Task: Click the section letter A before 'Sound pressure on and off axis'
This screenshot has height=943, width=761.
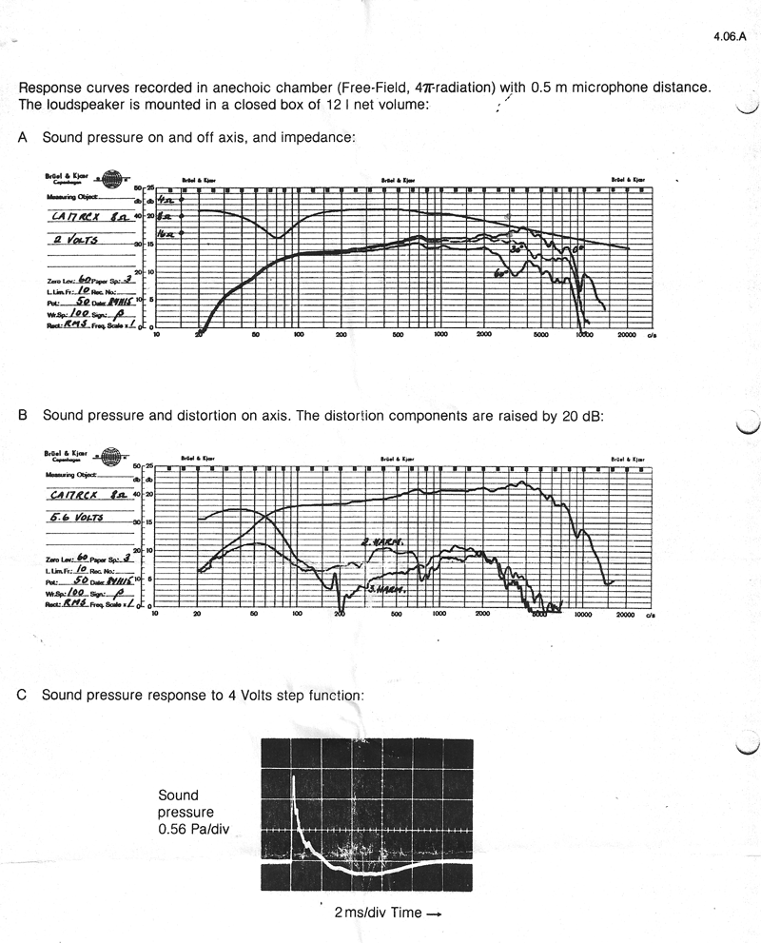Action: [x=23, y=137]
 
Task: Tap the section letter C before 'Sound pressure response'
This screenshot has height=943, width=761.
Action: [x=23, y=695]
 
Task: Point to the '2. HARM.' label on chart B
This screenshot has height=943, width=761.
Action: [x=383, y=542]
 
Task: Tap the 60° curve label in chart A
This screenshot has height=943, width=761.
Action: [x=498, y=272]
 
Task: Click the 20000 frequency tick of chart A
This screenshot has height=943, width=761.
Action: [x=626, y=336]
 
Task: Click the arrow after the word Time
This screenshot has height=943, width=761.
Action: [x=434, y=914]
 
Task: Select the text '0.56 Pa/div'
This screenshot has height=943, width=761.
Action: [x=194, y=829]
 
